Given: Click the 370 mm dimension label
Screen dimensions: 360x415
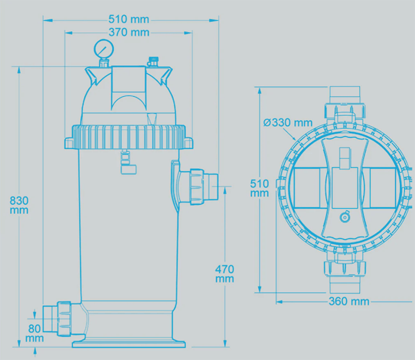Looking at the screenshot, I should pos(129,32).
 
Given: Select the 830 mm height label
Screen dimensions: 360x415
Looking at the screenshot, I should pos(19,205).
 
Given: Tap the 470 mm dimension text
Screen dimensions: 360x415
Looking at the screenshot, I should pos(225,274).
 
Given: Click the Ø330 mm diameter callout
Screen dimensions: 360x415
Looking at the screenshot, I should pos(288,123).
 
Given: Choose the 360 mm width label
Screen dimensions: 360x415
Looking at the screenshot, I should pos(349,301).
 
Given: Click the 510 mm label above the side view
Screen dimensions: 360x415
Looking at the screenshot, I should pos(129,19).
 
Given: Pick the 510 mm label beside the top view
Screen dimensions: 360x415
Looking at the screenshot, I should pos(260,188).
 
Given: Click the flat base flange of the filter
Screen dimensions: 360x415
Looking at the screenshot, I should pos(129,344).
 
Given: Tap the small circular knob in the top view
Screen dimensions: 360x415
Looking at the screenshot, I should pos(344,218).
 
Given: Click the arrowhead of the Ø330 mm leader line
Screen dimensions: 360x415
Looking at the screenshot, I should pos(295,138).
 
